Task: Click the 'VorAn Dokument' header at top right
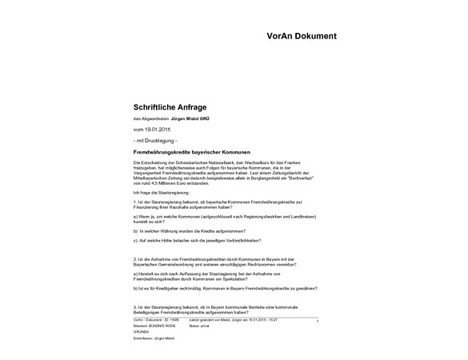pos(302,36)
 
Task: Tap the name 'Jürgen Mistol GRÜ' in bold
pos(185,118)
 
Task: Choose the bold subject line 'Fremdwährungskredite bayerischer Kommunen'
pos(192,151)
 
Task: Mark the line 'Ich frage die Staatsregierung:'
pos(162,193)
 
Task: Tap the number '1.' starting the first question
pos(135,203)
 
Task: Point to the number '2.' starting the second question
pos(135,258)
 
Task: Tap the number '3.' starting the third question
pos(135,306)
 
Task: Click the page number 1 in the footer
pos(318,322)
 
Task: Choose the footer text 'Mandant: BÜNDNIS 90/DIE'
pos(156,326)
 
